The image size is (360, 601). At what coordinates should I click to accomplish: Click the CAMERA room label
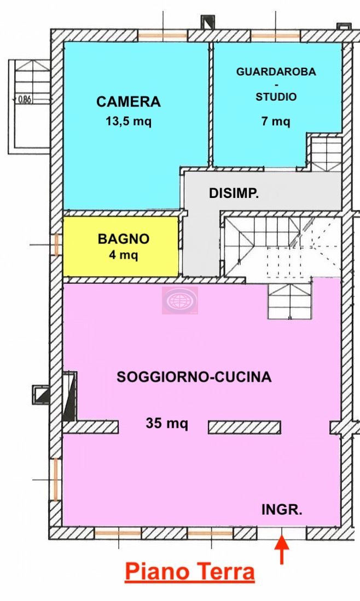[x=129, y=102]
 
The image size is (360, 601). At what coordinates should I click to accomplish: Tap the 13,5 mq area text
[x=129, y=121]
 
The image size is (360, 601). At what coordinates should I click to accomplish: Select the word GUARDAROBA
[x=276, y=72]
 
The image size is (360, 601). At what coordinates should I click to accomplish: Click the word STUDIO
[x=276, y=97]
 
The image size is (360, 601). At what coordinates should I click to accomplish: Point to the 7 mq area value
[x=276, y=121]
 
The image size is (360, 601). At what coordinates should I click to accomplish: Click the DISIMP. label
[x=234, y=193]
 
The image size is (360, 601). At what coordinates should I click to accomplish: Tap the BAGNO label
[x=124, y=239]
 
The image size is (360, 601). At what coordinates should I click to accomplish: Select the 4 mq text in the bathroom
[x=124, y=255]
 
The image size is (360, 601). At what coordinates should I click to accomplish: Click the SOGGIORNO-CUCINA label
[x=194, y=377]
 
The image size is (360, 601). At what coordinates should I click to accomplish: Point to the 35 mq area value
[x=167, y=423]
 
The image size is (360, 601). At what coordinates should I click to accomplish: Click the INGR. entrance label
[x=282, y=510]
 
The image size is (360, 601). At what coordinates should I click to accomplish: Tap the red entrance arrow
[x=282, y=550]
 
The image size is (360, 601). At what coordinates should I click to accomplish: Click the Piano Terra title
[x=190, y=572]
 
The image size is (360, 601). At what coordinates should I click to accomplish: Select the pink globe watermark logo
[x=180, y=301]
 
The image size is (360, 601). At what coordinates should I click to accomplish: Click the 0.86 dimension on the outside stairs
[x=25, y=100]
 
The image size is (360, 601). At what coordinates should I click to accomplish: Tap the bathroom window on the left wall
[x=57, y=245]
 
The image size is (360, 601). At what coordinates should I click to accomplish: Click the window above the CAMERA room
[x=162, y=36]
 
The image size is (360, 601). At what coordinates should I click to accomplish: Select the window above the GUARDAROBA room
[x=275, y=36]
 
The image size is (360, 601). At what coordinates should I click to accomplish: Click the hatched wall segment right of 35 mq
[x=245, y=427]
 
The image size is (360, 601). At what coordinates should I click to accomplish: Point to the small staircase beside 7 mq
[x=326, y=153]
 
